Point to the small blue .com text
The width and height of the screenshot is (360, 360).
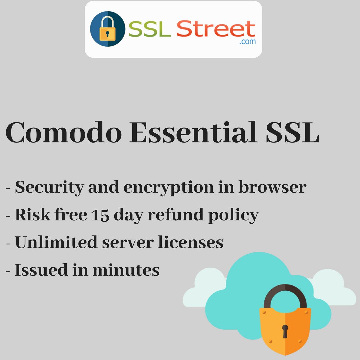pos(247,42)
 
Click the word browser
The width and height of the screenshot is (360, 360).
pos(272,187)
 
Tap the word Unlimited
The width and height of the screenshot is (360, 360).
pos(56,242)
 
